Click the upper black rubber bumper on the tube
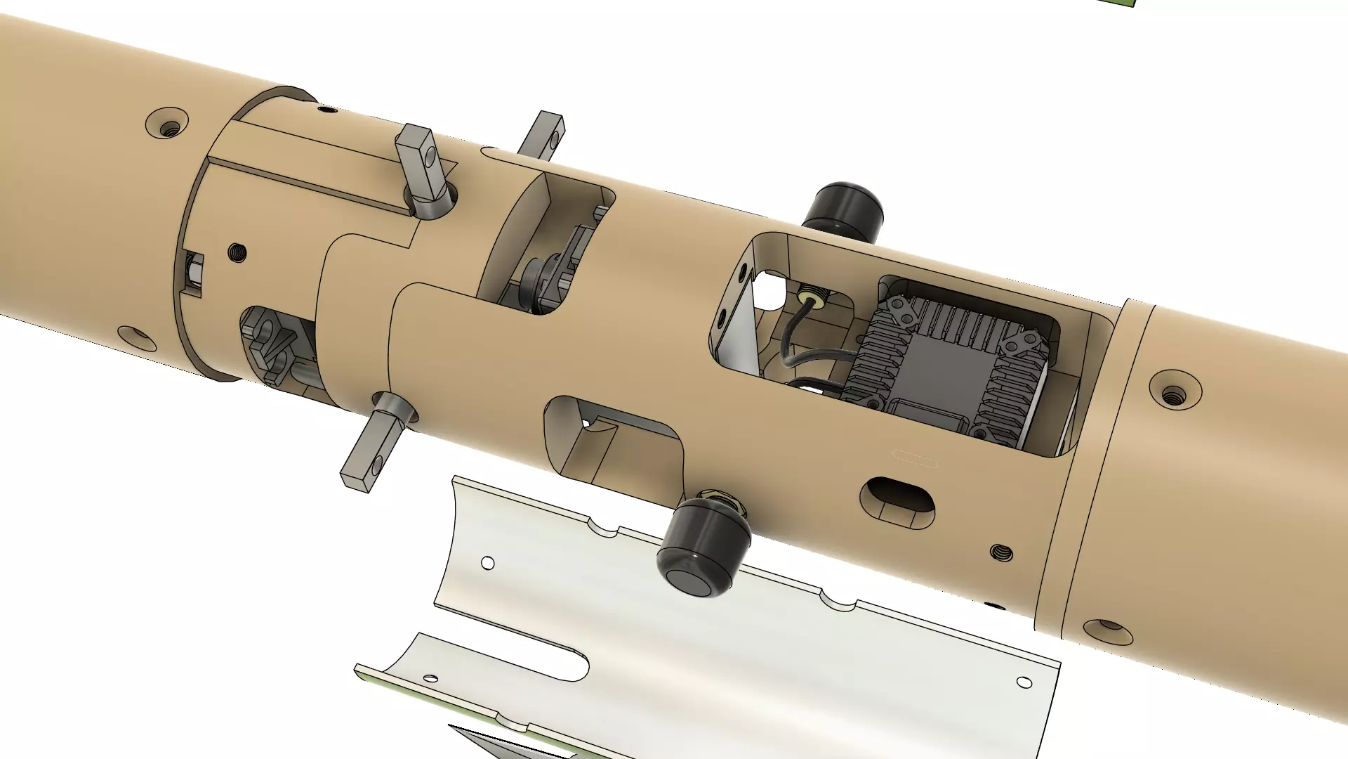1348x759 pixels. (x=843, y=209)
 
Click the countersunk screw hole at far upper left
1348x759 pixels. (x=168, y=124)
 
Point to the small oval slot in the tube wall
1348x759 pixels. (x=898, y=500)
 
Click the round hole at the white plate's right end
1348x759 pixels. (x=1024, y=682)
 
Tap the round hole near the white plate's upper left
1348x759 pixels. (x=487, y=563)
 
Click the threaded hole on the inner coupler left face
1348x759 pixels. (x=237, y=252)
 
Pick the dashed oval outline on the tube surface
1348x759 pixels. (x=914, y=459)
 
